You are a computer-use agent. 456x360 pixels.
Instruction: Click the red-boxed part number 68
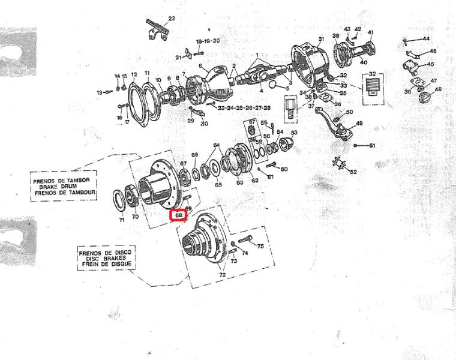(x=179, y=215)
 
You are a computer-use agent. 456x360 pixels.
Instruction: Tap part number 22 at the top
(x=172, y=19)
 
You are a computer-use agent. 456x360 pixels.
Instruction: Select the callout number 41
(x=370, y=32)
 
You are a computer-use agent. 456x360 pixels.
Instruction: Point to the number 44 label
(x=426, y=39)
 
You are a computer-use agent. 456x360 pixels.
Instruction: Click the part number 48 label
(x=438, y=89)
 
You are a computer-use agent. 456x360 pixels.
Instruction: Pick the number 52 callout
(x=353, y=172)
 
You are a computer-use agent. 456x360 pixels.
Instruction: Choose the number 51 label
(x=372, y=146)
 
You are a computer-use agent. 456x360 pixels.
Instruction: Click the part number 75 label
(x=260, y=246)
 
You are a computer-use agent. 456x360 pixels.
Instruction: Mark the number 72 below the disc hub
(x=223, y=275)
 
